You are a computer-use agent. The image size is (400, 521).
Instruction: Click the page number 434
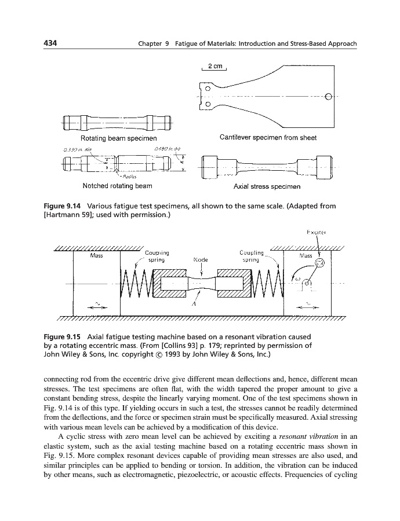(50, 44)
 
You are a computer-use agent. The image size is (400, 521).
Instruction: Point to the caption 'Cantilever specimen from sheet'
(268, 138)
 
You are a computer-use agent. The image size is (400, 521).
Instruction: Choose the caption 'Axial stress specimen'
(268, 187)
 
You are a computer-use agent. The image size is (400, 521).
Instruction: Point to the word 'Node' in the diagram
(200, 260)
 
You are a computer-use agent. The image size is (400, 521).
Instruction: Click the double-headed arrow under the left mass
(99, 308)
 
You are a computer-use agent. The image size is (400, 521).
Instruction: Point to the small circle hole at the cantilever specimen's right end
(329, 96)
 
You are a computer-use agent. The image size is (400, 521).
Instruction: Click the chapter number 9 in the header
(162, 45)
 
